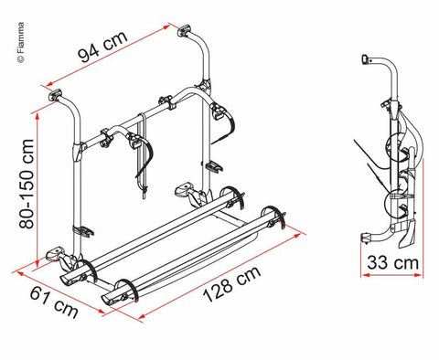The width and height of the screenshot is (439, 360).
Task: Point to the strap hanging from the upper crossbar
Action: (143, 155)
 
